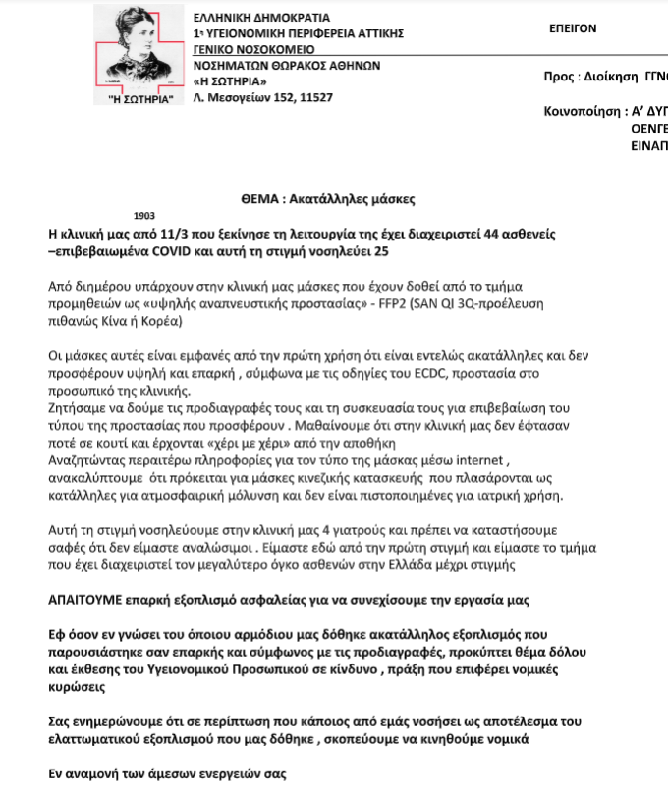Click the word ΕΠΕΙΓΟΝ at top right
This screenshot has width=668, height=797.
coord(572,28)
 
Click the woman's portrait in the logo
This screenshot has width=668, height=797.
coord(138,48)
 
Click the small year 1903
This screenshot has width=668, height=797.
coord(143,214)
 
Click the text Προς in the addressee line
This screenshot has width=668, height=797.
coord(557,76)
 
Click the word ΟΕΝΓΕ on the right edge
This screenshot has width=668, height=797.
coord(649,128)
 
